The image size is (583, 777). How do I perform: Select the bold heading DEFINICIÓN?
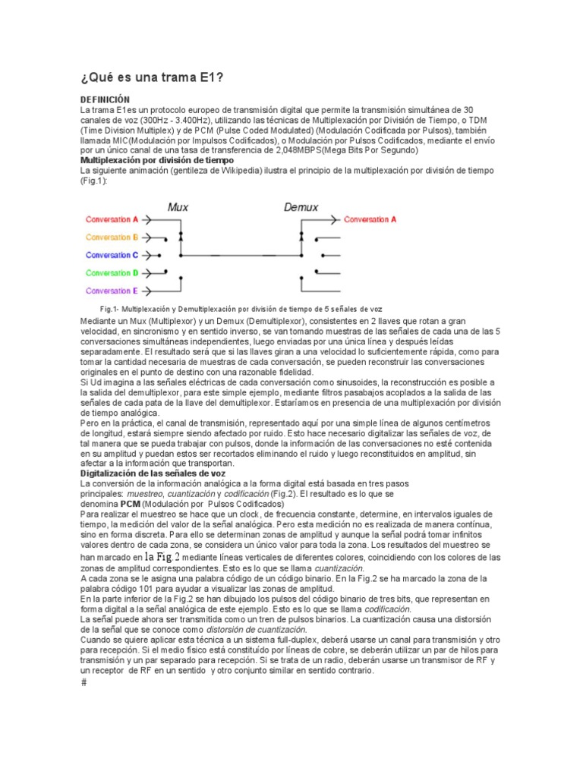pos(106,100)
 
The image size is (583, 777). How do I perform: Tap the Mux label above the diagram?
pos(178,206)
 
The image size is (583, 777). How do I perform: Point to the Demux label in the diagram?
pos(301,206)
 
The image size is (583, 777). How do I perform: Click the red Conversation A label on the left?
pos(112,219)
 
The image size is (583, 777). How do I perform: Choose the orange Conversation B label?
pos(112,237)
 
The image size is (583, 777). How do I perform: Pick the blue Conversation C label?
pos(112,255)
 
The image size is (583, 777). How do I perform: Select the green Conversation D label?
pos(112,272)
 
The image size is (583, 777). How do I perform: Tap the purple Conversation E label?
pos(112,291)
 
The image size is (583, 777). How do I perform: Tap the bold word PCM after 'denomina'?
pos(131,504)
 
